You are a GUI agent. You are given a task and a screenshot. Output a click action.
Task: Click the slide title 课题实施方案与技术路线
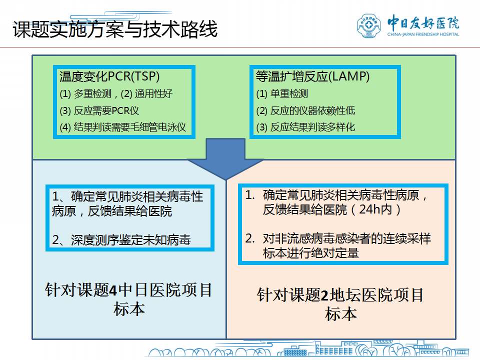point(115,29)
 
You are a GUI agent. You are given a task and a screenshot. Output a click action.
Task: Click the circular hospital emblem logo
point(369,26)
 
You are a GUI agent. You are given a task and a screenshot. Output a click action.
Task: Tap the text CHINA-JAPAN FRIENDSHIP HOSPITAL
point(423,34)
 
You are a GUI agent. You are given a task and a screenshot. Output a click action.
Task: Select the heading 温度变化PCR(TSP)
point(109,76)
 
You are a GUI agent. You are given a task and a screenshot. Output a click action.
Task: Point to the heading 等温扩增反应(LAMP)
point(312,76)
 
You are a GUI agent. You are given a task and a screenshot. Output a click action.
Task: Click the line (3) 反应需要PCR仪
point(99,110)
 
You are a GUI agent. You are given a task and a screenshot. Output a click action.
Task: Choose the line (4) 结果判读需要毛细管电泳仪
point(123,127)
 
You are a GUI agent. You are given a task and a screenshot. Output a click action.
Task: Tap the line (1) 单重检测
point(282,93)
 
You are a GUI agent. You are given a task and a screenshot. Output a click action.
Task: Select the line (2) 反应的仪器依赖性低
point(305,110)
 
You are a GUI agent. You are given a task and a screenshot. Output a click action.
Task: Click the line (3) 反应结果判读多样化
point(305,127)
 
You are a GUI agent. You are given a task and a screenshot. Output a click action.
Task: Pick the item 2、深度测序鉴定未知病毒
point(121,240)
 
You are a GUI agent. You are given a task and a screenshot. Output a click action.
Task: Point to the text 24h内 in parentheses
point(375,209)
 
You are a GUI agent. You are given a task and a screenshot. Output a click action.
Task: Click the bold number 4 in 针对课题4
point(113,290)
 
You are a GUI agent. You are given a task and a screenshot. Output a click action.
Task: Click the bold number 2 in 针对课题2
point(325,295)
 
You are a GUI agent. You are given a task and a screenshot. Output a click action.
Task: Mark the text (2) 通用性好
point(146,93)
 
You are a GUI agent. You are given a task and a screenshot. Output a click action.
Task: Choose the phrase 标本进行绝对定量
point(310,253)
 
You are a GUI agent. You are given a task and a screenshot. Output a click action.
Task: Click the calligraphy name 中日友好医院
point(423,22)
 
